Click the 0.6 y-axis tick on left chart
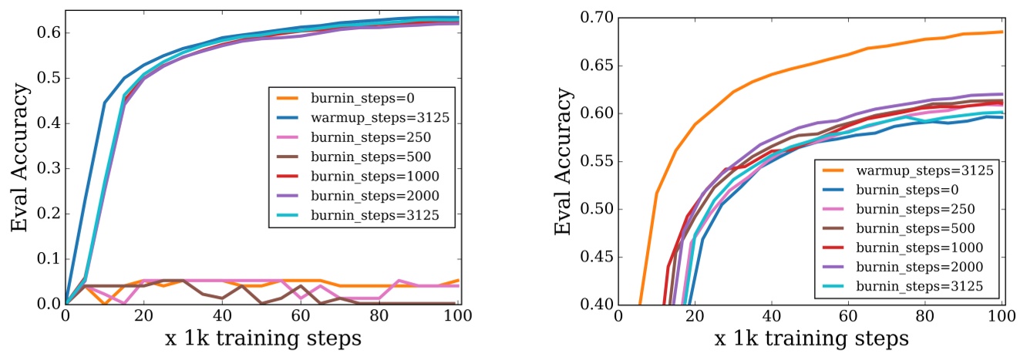point(47,33)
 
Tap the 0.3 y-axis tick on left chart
point(47,169)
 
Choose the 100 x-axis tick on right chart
point(1002,318)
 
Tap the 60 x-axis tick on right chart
point(847,318)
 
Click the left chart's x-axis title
point(264,339)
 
